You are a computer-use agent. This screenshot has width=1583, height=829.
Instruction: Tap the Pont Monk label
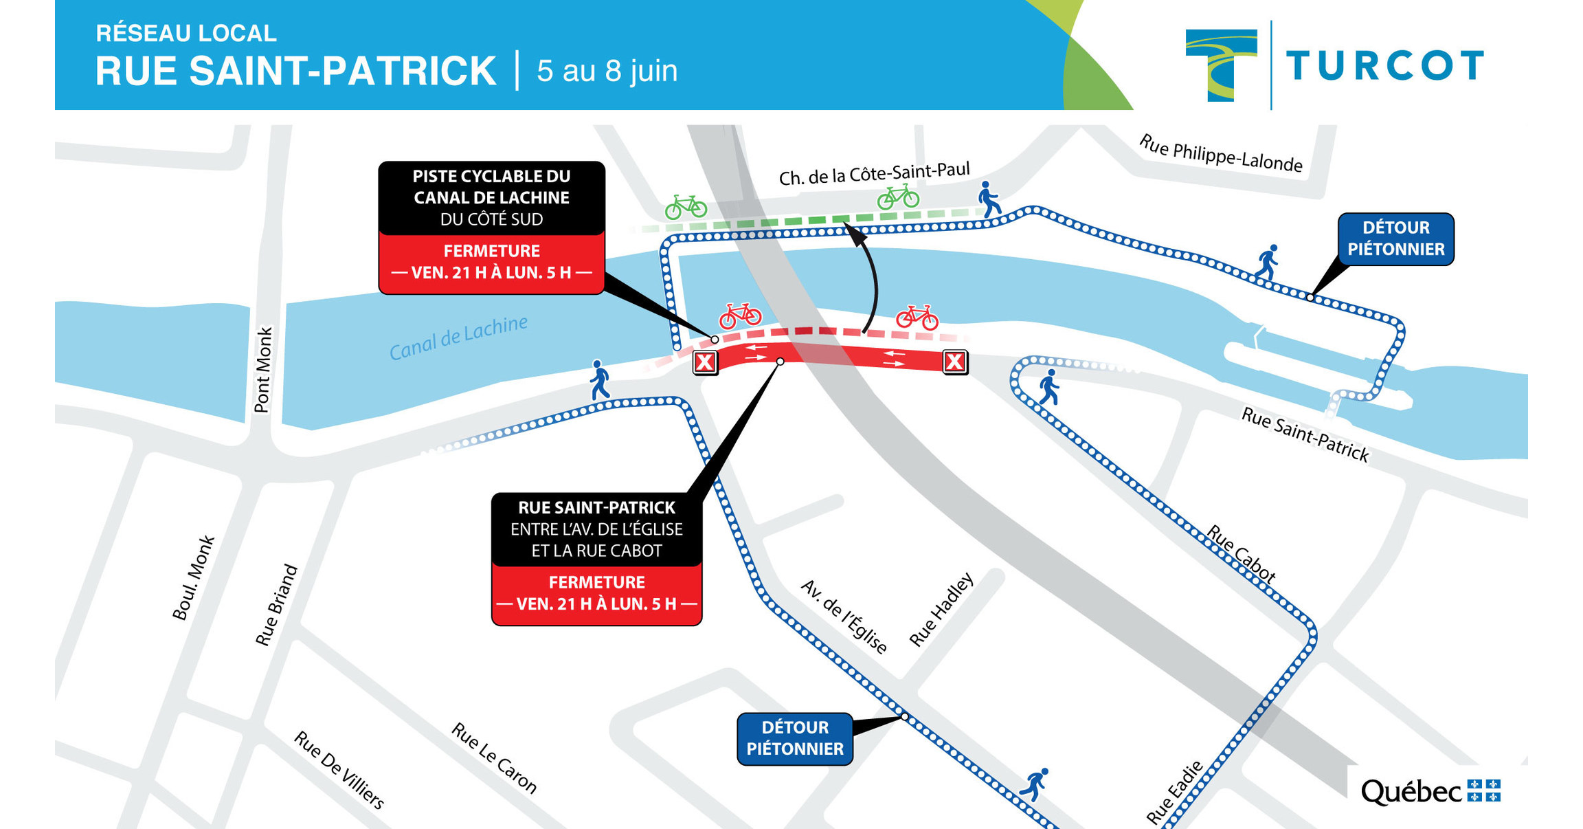(x=264, y=370)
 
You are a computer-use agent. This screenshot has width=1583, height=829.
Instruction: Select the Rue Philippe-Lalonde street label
(x=1220, y=154)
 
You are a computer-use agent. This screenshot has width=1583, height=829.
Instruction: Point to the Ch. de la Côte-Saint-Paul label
(x=874, y=174)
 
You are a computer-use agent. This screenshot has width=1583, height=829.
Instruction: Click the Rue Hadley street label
(x=941, y=610)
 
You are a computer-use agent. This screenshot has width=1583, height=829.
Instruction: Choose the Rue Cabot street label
(x=1242, y=554)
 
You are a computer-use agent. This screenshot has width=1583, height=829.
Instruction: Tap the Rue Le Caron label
(x=493, y=758)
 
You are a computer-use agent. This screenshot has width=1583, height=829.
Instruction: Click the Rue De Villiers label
(x=339, y=770)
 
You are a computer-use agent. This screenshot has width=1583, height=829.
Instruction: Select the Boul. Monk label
(x=193, y=578)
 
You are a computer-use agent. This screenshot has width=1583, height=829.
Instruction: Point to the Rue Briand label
(x=276, y=606)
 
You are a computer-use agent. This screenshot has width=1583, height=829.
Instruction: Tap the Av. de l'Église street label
(x=844, y=616)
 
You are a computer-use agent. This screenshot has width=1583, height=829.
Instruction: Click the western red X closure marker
(x=705, y=362)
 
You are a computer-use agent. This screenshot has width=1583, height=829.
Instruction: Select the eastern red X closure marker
(x=955, y=361)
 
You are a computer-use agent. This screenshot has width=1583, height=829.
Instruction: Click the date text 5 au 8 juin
(x=607, y=71)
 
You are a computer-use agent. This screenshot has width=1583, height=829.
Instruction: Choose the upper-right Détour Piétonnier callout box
(x=1395, y=239)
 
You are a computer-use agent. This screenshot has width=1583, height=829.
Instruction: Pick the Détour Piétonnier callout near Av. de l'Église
(x=795, y=738)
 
